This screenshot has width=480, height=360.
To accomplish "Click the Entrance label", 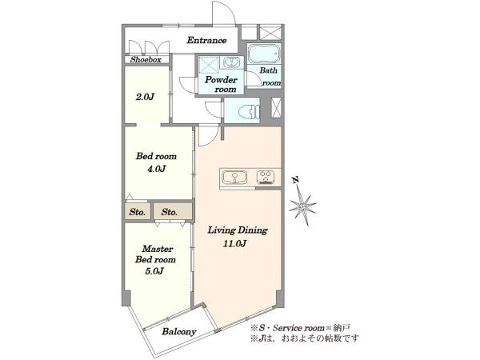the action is pyautogui.click(x=206, y=40).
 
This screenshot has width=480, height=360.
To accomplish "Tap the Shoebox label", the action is pyautogui.click(x=146, y=60).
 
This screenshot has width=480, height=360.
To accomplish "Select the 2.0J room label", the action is pyautogui.click(x=145, y=97).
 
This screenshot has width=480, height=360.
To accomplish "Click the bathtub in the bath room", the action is pyautogui.click(x=264, y=54).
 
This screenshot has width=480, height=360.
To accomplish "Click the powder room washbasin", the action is pyautogui.click(x=231, y=62).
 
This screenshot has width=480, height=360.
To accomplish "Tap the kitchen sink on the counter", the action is pyautogui.click(x=234, y=178).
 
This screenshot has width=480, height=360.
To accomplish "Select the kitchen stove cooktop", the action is pyautogui.click(x=266, y=178).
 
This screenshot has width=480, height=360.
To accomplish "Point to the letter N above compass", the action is pyautogui.click(x=295, y=180).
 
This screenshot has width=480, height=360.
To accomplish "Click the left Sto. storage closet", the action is pyautogui.click(x=138, y=211).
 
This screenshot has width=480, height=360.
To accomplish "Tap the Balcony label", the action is pyautogui.click(x=179, y=331).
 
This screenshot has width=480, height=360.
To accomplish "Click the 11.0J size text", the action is pyautogui.click(x=235, y=244).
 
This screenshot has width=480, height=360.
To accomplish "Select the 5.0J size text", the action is pyautogui.click(x=155, y=271).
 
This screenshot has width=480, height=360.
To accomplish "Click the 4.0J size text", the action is pyautogui.click(x=157, y=169).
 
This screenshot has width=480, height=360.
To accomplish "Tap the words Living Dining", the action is pyautogui.click(x=238, y=230).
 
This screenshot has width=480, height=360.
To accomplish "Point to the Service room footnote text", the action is pyautogui.click(x=300, y=328).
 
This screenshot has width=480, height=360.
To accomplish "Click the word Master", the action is pyautogui.click(x=158, y=249).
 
